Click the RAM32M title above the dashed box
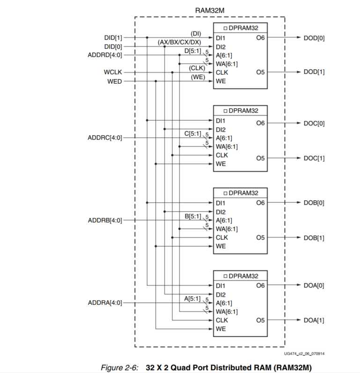pyautogui.click(x=209, y=10)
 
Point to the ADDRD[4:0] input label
pyautogui.click(x=105, y=55)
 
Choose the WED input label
pyautogui.click(x=114, y=81)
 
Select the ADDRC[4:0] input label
pyautogui.click(x=105, y=138)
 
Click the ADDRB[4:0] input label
pyautogui.click(x=105, y=220)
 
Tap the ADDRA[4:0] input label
pyautogui.click(x=105, y=303)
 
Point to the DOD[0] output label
pyautogui.click(x=314, y=37)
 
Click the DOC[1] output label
pyautogui.click(x=314, y=158)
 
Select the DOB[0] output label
pyautogui.click(x=314, y=203)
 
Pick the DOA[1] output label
pyautogui.click(x=314, y=320)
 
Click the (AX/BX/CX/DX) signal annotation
pyautogui.click(x=179, y=42)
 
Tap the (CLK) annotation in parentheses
pyautogui.click(x=197, y=68)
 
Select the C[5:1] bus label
pyautogui.click(x=192, y=134)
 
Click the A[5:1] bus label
pyautogui.click(x=192, y=299)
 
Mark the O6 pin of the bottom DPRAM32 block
pyautogui.click(x=260, y=285)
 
